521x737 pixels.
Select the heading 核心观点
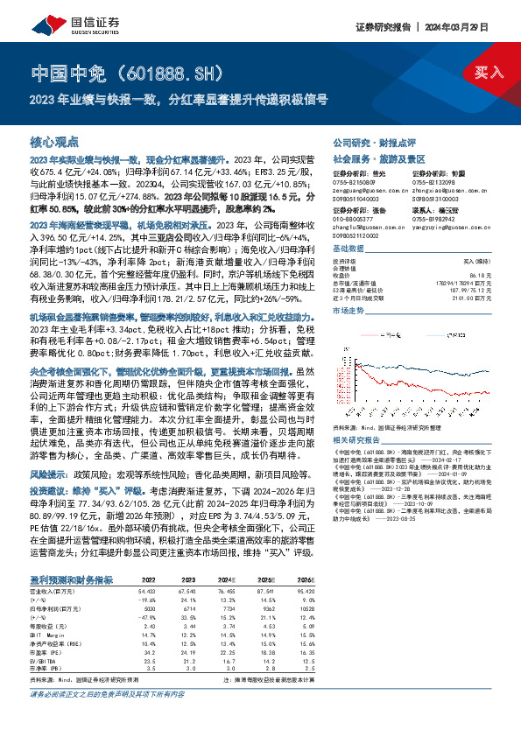tap(54, 141)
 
